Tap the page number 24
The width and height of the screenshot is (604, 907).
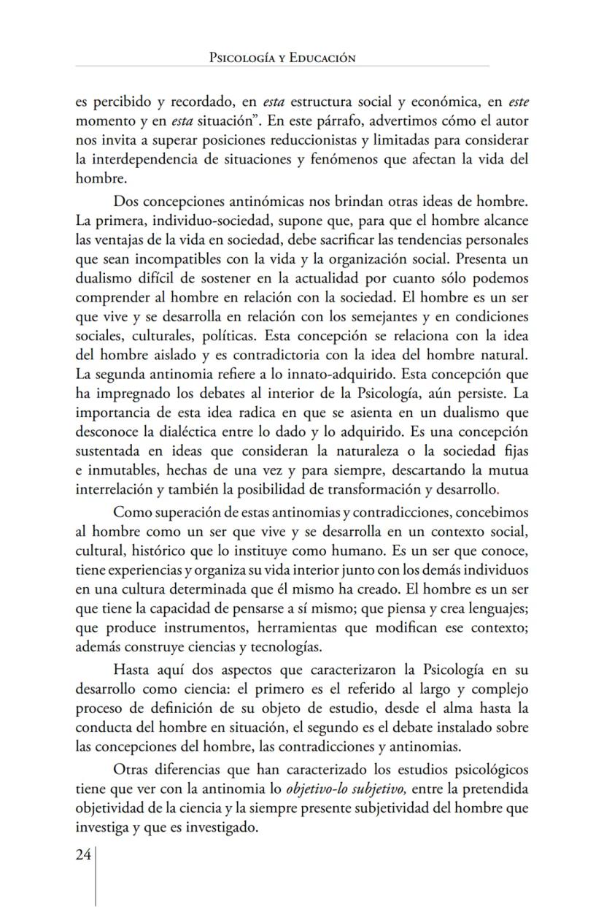click(x=83, y=855)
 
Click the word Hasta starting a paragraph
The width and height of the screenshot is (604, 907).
click(x=133, y=669)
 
